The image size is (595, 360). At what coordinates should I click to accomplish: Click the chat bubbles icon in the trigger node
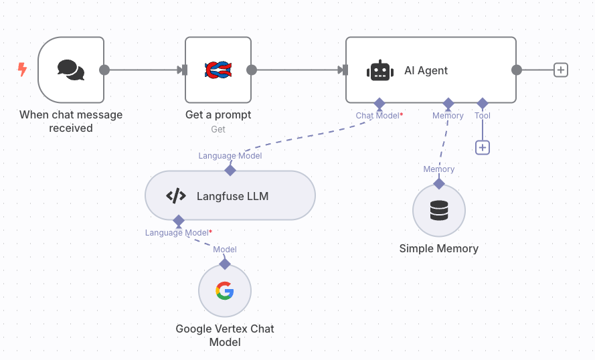[x=71, y=70]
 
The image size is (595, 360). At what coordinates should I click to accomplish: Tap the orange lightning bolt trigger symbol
[x=23, y=69]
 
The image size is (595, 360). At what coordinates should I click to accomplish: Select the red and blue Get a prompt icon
[x=218, y=70]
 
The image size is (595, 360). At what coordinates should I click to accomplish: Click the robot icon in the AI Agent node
[x=379, y=70]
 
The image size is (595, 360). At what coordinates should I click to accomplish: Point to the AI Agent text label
[x=426, y=70]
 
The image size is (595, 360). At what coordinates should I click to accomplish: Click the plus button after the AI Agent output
[x=561, y=70]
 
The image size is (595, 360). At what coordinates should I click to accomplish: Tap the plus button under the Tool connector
[x=483, y=147]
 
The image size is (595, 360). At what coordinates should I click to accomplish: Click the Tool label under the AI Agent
[x=483, y=116]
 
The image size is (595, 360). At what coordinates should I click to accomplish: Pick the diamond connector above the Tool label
[x=483, y=103]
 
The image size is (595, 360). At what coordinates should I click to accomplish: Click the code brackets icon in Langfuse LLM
[x=175, y=196]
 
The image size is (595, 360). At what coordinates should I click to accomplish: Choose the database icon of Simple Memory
[x=439, y=211]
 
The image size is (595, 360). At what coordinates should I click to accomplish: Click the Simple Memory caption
[x=439, y=248]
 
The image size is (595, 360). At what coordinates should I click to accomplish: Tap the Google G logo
[x=225, y=290]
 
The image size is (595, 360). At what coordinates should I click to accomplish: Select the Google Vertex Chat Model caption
[x=225, y=335]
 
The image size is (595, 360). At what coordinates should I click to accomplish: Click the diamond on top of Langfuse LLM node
[x=230, y=170]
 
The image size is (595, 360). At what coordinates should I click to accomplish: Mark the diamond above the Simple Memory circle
[x=439, y=183]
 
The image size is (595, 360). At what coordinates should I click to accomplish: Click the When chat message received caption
[x=71, y=121]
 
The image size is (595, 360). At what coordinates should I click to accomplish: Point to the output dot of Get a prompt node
[x=252, y=70]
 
